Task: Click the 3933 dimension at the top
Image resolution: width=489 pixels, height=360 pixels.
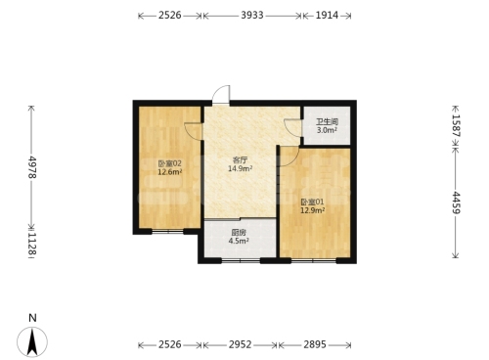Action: [x=252, y=16]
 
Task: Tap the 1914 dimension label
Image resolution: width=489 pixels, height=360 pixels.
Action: [x=327, y=16]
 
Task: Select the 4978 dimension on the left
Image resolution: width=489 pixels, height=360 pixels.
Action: [x=32, y=167]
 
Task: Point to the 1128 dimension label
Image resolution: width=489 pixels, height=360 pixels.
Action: [x=32, y=243]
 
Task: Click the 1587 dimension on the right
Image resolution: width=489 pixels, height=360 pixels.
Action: [x=456, y=125]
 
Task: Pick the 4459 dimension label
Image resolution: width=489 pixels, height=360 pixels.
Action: [x=456, y=202]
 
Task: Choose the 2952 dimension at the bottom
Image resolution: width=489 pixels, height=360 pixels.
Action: [x=240, y=344]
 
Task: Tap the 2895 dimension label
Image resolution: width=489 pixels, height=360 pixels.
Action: [x=315, y=344]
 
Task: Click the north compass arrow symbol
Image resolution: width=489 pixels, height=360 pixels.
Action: [x=32, y=341]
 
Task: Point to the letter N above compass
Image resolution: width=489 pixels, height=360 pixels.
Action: [x=32, y=318]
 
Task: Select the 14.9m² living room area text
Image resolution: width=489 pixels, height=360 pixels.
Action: [x=241, y=168]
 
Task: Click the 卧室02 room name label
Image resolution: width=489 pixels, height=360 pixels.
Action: [x=169, y=163]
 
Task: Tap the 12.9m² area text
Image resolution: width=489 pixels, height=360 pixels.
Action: [x=312, y=210]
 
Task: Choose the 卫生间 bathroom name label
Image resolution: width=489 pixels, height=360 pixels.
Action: [x=327, y=122]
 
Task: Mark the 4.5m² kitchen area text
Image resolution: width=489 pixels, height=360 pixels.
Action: [x=239, y=241]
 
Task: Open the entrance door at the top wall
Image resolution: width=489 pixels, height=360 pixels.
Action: [x=221, y=95]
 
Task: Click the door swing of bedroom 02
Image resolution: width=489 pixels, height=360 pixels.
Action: [x=193, y=131]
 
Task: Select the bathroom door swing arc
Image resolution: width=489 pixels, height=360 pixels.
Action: [x=292, y=128]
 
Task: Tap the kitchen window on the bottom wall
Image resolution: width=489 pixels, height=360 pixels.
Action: [x=241, y=260]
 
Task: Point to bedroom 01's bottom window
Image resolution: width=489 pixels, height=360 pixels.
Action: [x=314, y=260]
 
